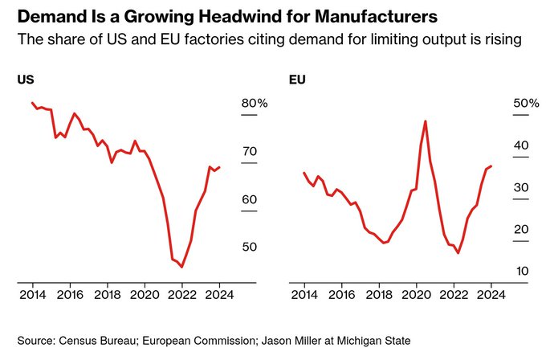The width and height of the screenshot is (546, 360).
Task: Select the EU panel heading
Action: [x=296, y=80]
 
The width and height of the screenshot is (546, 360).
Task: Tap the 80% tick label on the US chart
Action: [x=255, y=104]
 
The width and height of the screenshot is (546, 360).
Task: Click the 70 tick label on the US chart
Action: [x=250, y=152]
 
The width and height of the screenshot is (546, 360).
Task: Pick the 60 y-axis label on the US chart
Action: [x=250, y=199]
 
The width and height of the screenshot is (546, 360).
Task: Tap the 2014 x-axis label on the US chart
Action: [x=33, y=294]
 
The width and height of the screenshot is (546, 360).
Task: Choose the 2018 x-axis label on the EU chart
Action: [x=378, y=294]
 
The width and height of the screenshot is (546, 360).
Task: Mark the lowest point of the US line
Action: [x=182, y=267]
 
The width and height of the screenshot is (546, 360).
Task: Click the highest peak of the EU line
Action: [x=425, y=121]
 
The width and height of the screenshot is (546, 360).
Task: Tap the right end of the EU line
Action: [x=491, y=166]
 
